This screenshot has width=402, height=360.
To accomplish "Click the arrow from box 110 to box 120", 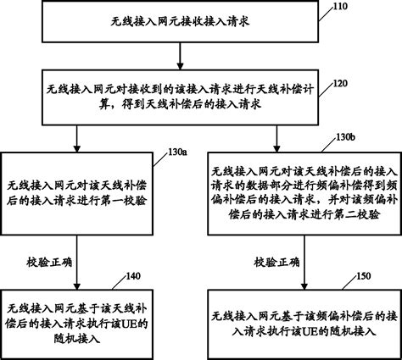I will (x=176, y=54).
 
